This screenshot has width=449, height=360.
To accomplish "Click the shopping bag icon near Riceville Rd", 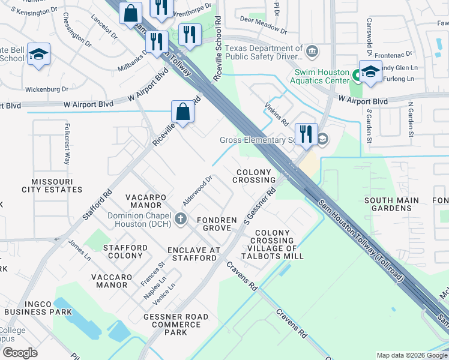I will pyautogui.click(x=182, y=112).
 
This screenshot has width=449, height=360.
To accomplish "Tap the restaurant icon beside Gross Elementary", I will pyautogui.click(x=306, y=134).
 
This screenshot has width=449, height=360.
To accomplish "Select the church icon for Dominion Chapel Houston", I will pyautogui.click(x=182, y=220).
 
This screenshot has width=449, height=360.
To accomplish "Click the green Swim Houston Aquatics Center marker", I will pyautogui.click(x=356, y=76).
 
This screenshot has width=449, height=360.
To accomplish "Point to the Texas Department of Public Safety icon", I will pyautogui.click(x=311, y=52).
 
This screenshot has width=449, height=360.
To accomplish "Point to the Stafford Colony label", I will pyautogui.click(x=125, y=251).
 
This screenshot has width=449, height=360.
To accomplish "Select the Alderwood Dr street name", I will pyautogui.click(x=197, y=191).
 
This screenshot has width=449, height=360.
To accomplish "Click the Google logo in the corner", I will pyautogui.click(x=20, y=353).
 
